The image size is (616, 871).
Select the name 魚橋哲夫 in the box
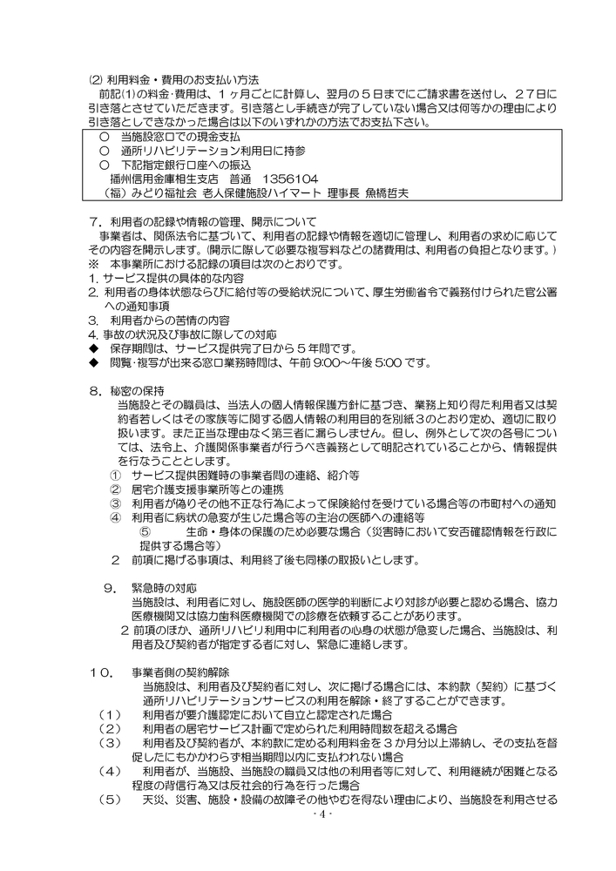(x=369, y=190)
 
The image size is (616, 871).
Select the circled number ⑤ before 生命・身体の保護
(x=146, y=531)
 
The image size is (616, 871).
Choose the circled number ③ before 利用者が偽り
(x=116, y=503)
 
